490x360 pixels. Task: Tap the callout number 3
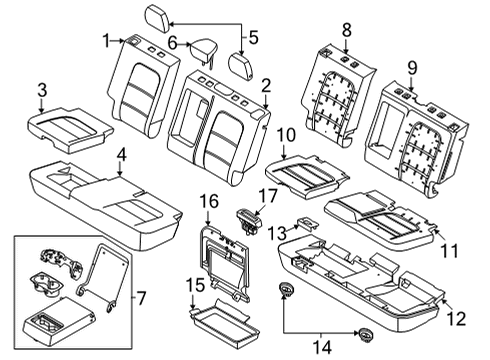point(42,92)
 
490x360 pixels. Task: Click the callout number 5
point(253,39)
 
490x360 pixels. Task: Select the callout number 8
point(346,30)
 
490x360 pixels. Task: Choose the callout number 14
point(322,348)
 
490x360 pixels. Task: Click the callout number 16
point(208,201)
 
